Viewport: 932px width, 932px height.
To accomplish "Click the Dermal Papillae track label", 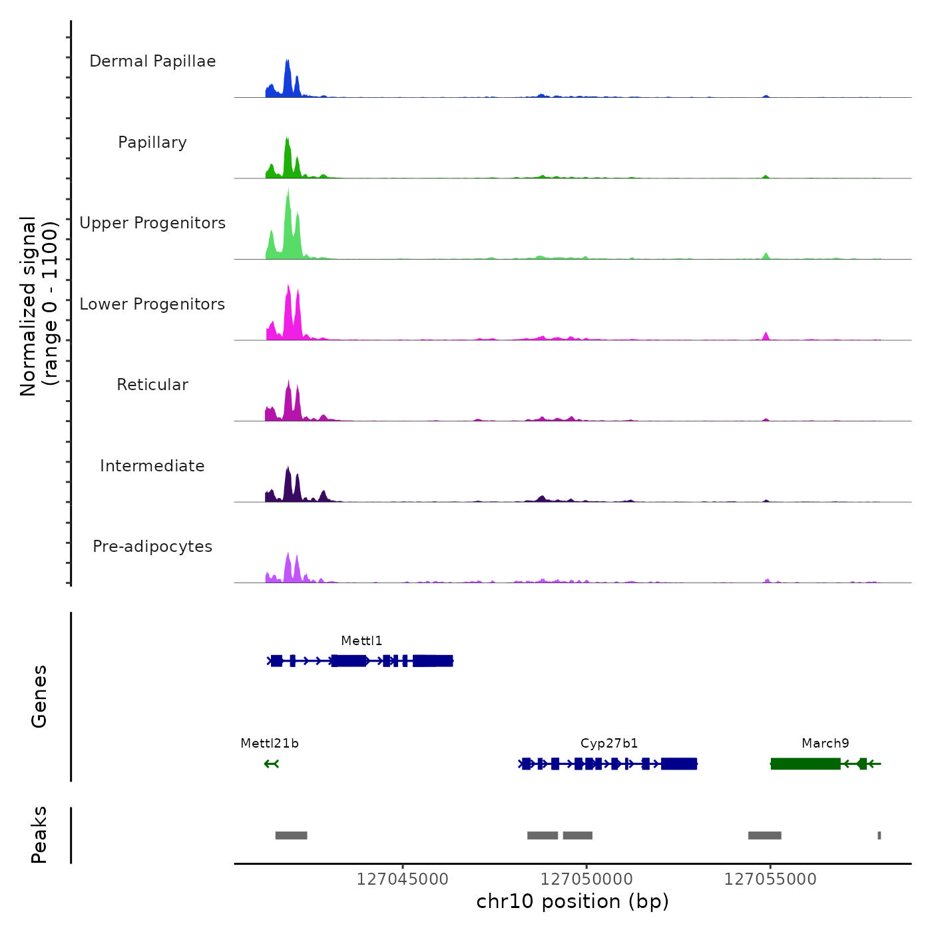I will coord(152,61).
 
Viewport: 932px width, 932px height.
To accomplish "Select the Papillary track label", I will coord(152,142).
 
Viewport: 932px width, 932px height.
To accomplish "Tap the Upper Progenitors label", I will coord(152,223).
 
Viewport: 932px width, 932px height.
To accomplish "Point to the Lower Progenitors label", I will coord(152,304).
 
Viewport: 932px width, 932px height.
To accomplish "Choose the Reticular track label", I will coord(152,385).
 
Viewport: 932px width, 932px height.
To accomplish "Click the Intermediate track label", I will coord(152,466).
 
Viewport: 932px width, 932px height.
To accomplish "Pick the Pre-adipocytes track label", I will coord(152,547).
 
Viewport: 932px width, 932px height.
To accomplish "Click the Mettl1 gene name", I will coord(361,641).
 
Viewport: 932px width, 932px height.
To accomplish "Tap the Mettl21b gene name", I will coord(270,744).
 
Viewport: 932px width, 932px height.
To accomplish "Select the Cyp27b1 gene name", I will coord(609,744).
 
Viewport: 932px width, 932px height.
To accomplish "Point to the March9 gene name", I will coord(825,744).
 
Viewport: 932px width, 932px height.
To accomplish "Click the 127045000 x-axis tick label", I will coord(403,879).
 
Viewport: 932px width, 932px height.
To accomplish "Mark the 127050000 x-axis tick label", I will coord(586,879).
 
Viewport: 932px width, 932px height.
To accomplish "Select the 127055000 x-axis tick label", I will coord(770,879).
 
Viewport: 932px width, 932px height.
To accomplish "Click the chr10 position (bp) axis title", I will coord(573,901).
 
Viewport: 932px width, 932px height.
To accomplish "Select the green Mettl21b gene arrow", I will coord(271,764).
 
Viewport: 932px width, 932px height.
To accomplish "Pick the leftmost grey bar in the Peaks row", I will coord(291,835).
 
